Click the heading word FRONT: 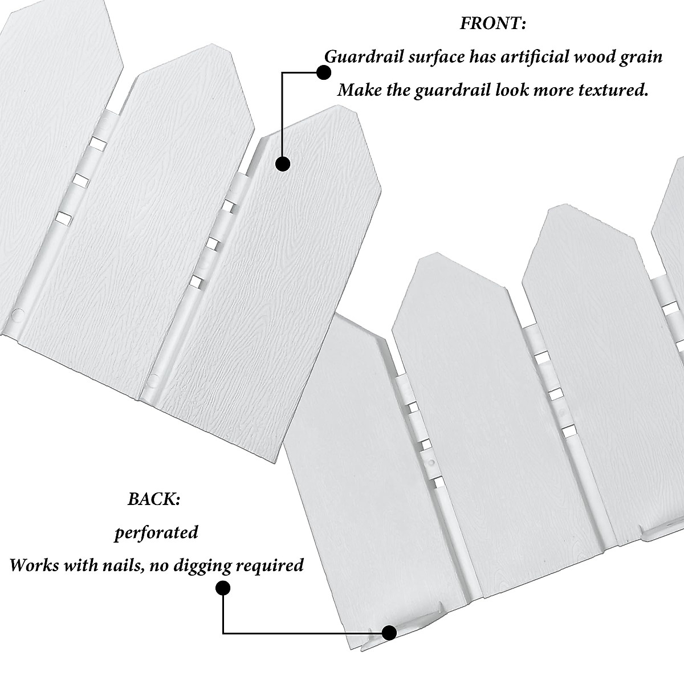(x=492, y=24)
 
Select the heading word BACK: (x=154, y=499)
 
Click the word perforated (x=156, y=533)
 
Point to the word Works (x=34, y=565)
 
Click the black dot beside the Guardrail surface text (x=323, y=72)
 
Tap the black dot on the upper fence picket (x=283, y=164)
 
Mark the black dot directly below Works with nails (x=223, y=588)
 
